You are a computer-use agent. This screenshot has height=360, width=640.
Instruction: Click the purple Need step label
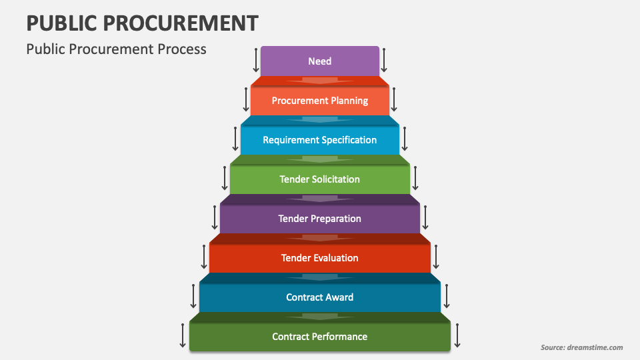[320, 61]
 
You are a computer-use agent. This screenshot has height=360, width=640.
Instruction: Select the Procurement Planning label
[320, 101]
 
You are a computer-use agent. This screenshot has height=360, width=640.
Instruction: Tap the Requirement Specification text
[320, 140]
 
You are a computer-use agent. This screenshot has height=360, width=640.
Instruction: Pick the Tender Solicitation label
[320, 179]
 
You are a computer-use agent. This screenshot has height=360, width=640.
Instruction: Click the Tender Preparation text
[320, 219]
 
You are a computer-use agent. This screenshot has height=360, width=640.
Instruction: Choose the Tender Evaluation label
[320, 258]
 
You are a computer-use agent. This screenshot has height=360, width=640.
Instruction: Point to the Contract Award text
[320, 297]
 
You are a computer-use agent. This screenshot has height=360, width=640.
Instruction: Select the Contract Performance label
[320, 337]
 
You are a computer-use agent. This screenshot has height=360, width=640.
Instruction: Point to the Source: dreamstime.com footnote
[581, 347]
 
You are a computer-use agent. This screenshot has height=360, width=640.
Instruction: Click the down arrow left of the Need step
[256, 60]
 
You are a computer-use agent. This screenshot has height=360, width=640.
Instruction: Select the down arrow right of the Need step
[384, 60]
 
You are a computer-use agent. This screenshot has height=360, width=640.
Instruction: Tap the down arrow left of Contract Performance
[183, 335]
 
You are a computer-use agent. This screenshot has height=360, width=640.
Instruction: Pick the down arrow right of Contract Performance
[457, 335]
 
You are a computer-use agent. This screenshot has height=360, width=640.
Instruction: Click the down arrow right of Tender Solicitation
[415, 178]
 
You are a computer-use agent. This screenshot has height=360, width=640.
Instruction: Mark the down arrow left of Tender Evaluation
[204, 257]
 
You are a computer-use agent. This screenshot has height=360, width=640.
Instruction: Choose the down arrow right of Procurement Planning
[394, 99]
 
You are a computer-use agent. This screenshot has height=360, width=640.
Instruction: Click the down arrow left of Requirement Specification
[235, 139]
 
